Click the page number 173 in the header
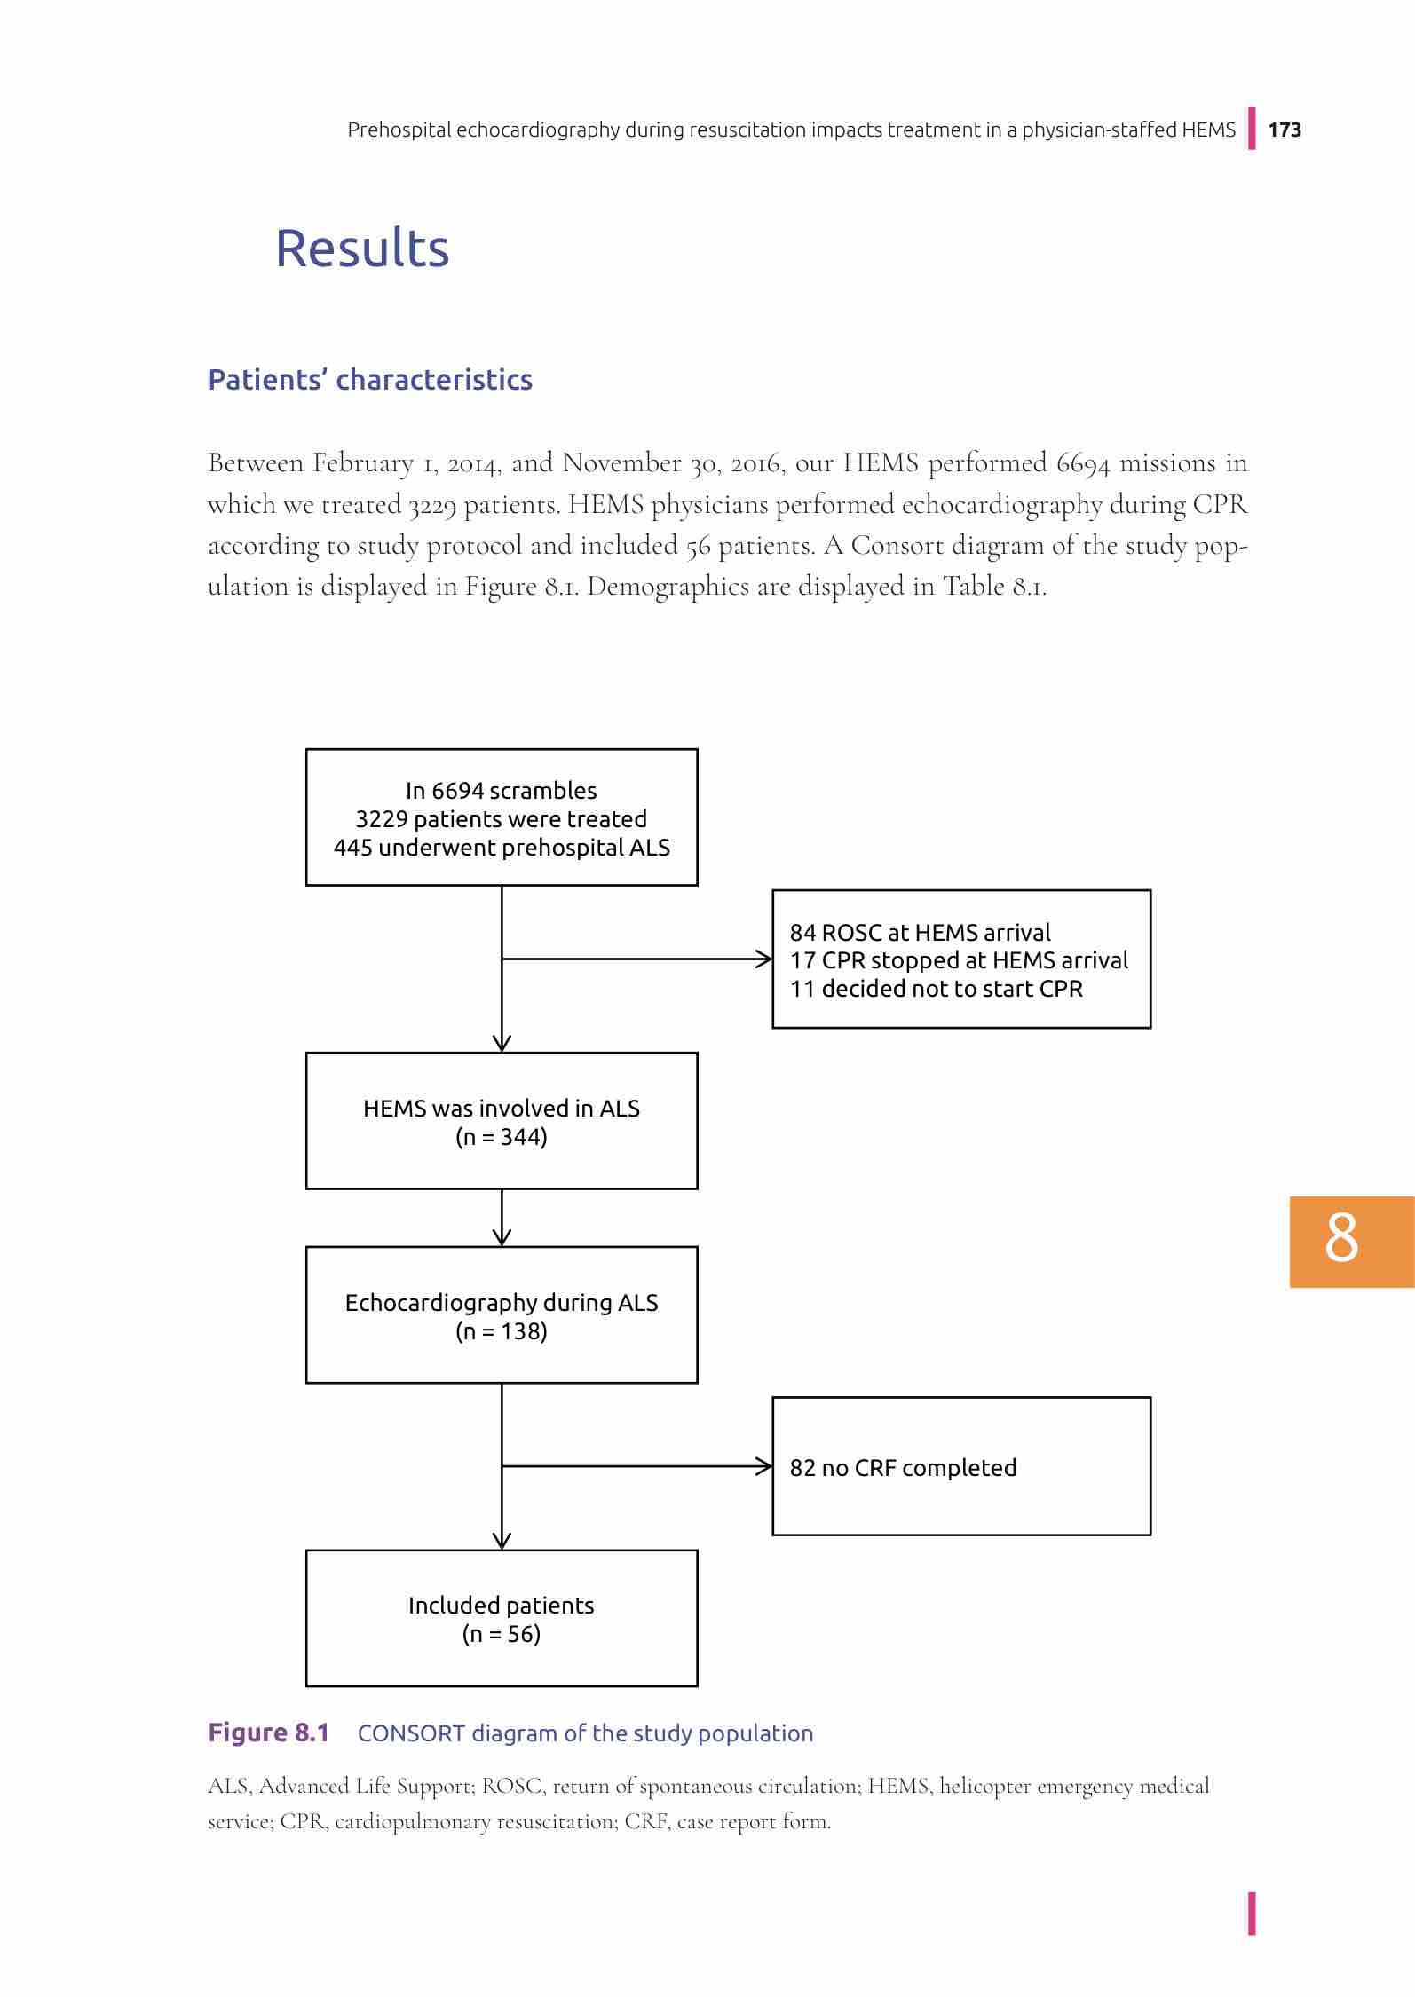click(1285, 130)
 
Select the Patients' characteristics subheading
click(370, 380)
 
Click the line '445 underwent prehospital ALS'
click(502, 848)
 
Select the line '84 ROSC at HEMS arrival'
click(920, 933)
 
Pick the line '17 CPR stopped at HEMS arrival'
click(959, 961)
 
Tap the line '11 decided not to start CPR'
click(936, 990)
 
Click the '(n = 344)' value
click(502, 1137)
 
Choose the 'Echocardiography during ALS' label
click(502, 1303)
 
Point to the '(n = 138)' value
click(502, 1331)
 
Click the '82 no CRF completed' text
click(903, 1468)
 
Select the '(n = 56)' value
click(502, 1634)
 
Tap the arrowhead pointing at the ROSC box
click(764, 959)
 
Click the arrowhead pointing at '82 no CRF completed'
click(764, 1466)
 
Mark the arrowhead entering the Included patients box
click(502, 1542)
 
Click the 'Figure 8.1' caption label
click(268, 1733)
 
